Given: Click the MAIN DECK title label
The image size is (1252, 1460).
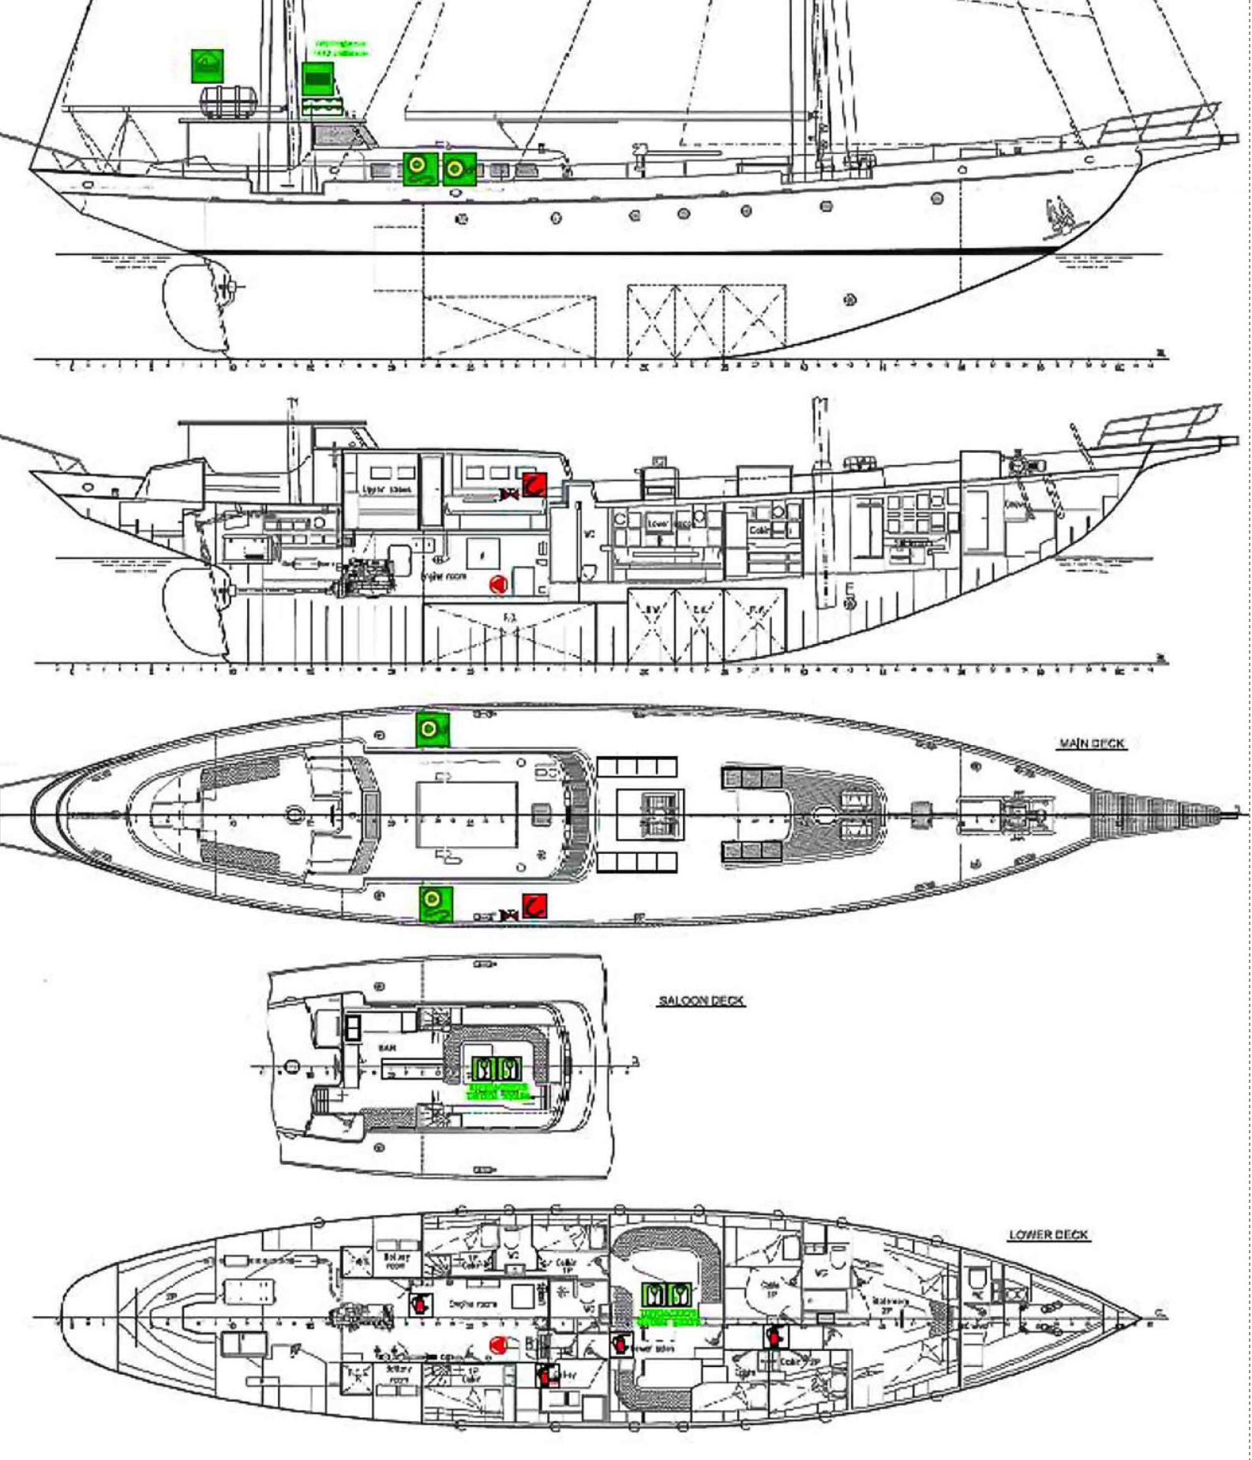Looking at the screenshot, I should [x=1091, y=743].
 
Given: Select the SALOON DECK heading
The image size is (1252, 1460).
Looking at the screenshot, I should [x=701, y=1001].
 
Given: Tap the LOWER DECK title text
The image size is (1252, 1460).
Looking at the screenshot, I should [x=1048, y=1235].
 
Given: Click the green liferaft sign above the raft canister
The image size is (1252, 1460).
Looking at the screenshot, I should [x=207, y=66].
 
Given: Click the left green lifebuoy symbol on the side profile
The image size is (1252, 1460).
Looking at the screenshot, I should [x=419, y=168].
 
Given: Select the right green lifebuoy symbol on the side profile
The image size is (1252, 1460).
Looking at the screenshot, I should [x=459, y=169].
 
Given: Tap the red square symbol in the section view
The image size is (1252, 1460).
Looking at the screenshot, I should [x=534, y=484].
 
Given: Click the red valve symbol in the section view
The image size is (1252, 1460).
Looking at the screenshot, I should [x=509, y=495].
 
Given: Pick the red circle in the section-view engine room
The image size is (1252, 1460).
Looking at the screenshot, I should [x=497, y=585].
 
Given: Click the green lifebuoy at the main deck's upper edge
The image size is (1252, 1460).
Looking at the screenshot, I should [x=432, y=729].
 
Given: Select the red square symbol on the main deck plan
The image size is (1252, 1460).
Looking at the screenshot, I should [x=534, y=906].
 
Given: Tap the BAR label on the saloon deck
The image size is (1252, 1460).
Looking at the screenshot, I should [x=387, y=1048].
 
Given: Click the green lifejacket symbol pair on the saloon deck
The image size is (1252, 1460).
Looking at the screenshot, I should [x=497, y=1069].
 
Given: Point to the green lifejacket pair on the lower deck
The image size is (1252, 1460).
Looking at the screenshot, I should [x=665, y=1295].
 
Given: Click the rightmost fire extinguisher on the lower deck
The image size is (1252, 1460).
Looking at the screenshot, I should [x=775, y=1337].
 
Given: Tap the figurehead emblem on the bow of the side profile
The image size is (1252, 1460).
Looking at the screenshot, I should [x=1060, y=216].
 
